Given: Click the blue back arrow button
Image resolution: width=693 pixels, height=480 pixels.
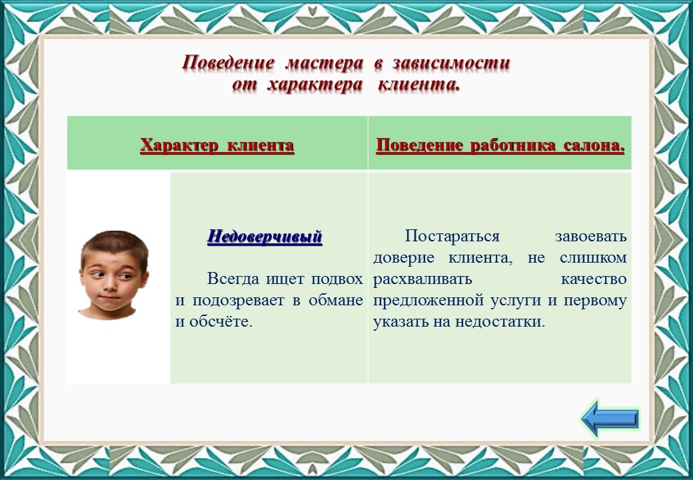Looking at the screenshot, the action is (x=610, y=418).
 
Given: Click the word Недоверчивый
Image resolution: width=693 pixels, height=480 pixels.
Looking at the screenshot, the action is (x=265, y=237).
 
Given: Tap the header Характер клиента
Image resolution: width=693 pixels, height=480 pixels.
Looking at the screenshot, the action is (x=217, y=145).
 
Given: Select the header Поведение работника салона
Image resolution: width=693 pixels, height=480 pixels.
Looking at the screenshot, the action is (x=500, y=145).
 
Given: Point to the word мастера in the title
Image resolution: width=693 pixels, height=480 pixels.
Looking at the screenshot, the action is (x=325, y=63).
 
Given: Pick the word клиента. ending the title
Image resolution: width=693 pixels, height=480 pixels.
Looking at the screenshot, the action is (x=419, y=85).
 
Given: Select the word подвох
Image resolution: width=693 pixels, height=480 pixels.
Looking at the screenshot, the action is (x=337, y=280).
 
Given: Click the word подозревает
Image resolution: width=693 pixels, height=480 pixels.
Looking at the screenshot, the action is (x=239, y=301).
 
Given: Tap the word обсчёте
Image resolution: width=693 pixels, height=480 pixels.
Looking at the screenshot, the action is (x=221, y=321).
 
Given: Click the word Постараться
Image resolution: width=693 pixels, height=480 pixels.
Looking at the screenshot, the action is (x=452, y=237).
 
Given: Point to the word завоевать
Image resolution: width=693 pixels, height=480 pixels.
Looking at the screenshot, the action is (x=591, y=237).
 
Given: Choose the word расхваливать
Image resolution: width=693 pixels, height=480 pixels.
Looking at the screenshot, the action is (x=422, y=280).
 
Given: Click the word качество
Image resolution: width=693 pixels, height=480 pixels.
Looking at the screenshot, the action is (x=594, y=279).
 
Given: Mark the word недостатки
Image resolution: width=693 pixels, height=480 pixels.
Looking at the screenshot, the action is (x=500, y=322).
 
